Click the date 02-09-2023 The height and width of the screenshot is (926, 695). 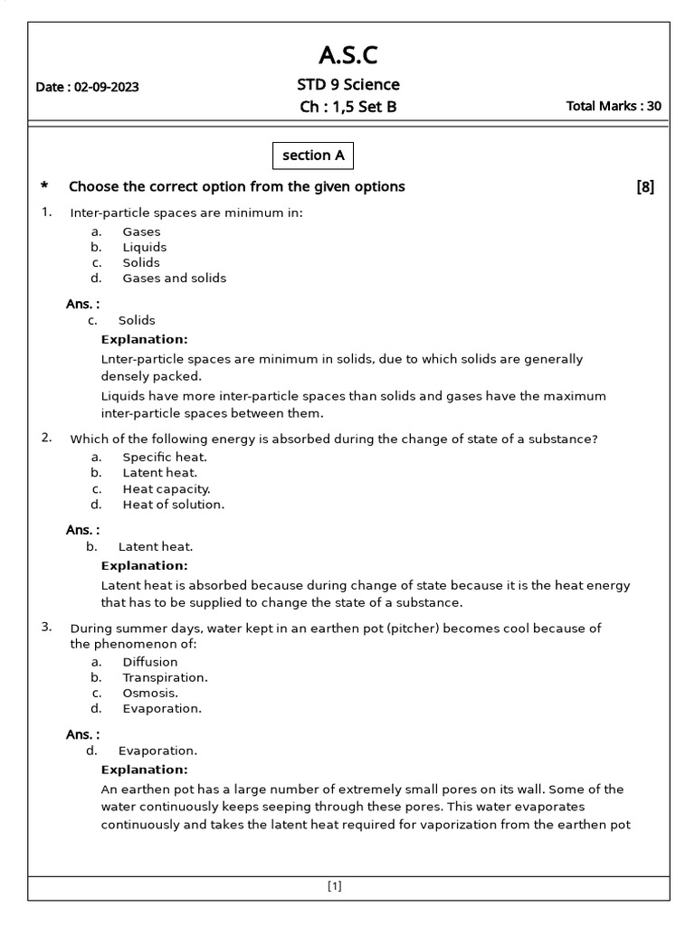[87, 88]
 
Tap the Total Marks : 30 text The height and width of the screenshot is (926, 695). [613, 106]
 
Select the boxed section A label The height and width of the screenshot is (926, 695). [313, 156]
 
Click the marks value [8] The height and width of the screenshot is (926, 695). [645, 187]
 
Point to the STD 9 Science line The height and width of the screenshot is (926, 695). [348, 85]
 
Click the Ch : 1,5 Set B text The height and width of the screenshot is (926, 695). [348, 107]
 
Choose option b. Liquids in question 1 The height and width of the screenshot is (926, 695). [144, 247]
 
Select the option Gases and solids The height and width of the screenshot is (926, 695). [174, 278]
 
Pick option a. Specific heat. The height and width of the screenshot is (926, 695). [165, 458]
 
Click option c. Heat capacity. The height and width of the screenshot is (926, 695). [166, 488]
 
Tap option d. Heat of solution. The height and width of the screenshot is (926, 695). [173, 505]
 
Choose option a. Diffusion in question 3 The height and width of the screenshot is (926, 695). [150, 662]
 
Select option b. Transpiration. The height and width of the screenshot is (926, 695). [165, 677]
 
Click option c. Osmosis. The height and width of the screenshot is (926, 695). [150, 693]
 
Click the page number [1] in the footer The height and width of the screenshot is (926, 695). [335, 887]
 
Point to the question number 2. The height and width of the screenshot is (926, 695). [46, 438]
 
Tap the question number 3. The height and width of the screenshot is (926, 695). [46, 628]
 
